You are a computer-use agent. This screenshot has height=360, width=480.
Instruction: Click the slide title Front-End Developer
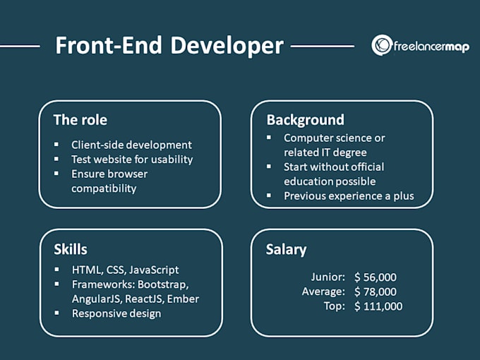tap(169, 46)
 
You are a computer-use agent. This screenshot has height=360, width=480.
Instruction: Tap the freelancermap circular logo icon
tap(382, 45)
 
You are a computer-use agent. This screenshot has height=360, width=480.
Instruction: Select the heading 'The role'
tap(80, 120)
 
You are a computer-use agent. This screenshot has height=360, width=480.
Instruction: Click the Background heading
tap(305, 120)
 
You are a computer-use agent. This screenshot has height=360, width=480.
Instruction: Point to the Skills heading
tap(71, 249)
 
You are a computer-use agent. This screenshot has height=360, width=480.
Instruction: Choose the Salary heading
tap(287, 249)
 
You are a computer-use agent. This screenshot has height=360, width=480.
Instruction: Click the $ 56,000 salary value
tap(376, 277)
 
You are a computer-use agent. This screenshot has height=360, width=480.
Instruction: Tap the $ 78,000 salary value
tap(376, 292)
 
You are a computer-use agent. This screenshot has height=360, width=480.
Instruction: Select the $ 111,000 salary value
tap(378, 306)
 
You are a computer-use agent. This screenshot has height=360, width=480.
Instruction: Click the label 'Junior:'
tap(328, 277)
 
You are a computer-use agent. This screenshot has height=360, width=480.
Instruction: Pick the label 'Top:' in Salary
tap(334, 306)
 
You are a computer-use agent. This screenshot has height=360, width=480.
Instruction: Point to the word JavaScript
tap(154, 270)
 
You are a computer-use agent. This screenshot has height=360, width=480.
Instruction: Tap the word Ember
tap(184, 299)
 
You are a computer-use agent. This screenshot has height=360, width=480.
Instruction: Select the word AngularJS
tap(95, 299)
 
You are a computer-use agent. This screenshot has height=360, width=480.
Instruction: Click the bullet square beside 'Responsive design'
tap(56, 313)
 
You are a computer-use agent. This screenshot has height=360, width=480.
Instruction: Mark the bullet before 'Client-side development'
tap(56, 145)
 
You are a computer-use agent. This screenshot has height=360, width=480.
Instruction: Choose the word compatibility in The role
tap(104, 188)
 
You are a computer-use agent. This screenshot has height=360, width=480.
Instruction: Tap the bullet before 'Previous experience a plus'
tap(269, 196)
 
